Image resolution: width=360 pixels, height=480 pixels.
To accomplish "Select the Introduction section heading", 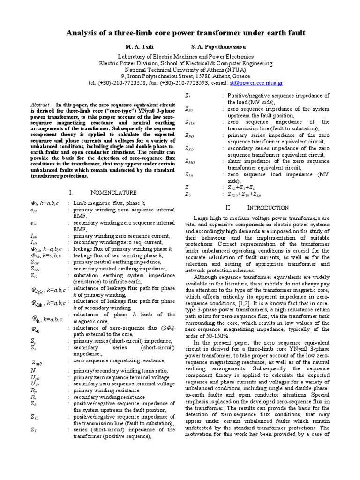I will pyautogui.click(x=268, y=207).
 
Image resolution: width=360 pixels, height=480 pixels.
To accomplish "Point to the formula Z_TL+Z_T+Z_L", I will pyautogui.click(x=242, y=187).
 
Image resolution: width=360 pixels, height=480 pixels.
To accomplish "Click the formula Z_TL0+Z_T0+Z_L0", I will pyautogui.click(x=245, y=194).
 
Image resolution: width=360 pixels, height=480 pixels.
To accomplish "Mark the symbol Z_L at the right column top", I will pyautogui.click(x=188, y=96).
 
